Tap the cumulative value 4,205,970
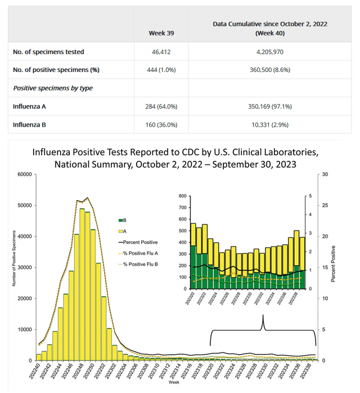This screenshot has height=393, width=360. coord(269,52)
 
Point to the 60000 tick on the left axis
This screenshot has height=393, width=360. coord(24,174)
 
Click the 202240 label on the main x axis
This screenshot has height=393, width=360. coord(37,372)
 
